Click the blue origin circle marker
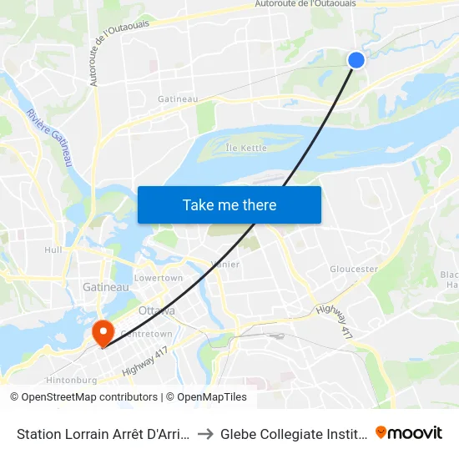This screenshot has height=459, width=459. point(356,60)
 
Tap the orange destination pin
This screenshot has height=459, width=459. point(104,333)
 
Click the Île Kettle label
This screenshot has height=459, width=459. point(246,148)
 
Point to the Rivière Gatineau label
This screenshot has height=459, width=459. point(49,138)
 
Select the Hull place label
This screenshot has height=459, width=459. point(53,250)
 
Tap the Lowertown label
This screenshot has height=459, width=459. point(159,278)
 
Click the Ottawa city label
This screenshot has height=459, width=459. point(157,310)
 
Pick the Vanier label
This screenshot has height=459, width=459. point(226,265)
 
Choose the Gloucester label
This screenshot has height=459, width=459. point(354,269)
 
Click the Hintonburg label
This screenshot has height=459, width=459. point(70,379)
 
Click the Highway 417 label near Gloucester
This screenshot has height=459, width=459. point(333,320)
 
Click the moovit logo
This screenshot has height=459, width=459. point(409,432)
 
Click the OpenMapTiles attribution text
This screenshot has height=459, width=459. point(206,397)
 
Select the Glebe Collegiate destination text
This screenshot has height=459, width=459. point(292,433)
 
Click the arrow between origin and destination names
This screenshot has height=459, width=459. point(205,433)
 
